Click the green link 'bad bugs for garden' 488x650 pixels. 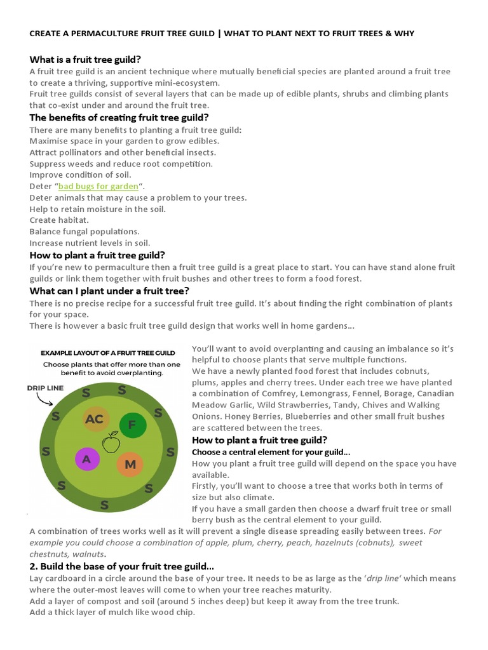click(98, 187)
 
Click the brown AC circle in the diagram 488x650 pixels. click(94, 419)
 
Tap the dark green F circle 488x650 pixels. click(132, 425)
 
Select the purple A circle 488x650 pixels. click(87, 459)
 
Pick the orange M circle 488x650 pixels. click(130, 465)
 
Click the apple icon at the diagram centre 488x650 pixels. click(111, 442)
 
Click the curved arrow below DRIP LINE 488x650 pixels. click(44, 400)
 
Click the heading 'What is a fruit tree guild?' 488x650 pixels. click(85, 59)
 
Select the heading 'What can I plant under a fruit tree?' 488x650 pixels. click(109, 291)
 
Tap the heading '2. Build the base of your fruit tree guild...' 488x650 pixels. click(121, 566)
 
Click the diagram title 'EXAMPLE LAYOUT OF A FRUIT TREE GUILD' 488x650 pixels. click(107, 352)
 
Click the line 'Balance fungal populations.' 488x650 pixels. click(84, 232)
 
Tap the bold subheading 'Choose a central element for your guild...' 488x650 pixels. click(271, 452)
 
